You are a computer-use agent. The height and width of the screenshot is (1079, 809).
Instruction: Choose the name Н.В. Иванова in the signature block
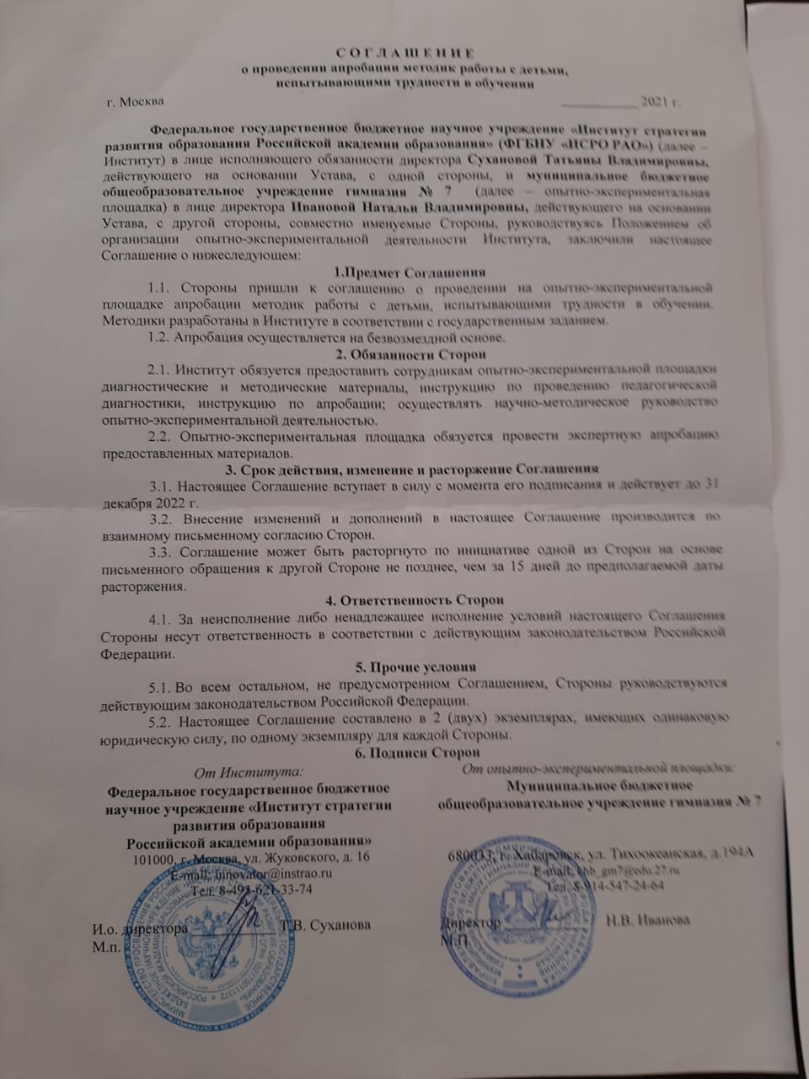647,919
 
